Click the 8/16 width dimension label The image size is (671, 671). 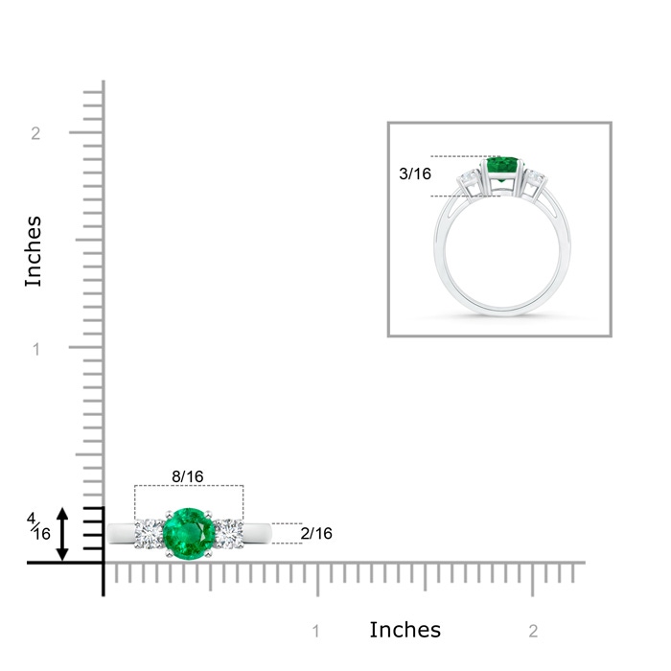(188, 476)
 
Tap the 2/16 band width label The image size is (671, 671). (316, 533)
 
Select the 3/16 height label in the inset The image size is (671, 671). (415, 174)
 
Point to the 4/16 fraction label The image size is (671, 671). (38, 527)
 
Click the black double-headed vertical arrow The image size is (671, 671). (62, 534)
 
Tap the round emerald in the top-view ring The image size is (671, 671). (189, 534)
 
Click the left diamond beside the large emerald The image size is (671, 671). (149, 534)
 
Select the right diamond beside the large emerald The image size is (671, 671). (228, 534)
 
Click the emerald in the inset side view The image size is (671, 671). (502, 168)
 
